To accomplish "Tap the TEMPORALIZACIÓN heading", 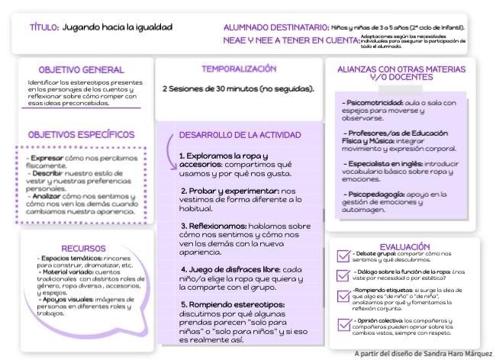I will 239,69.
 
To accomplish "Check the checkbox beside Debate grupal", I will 343,256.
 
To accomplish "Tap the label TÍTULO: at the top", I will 43,27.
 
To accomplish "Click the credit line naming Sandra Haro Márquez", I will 423,353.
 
